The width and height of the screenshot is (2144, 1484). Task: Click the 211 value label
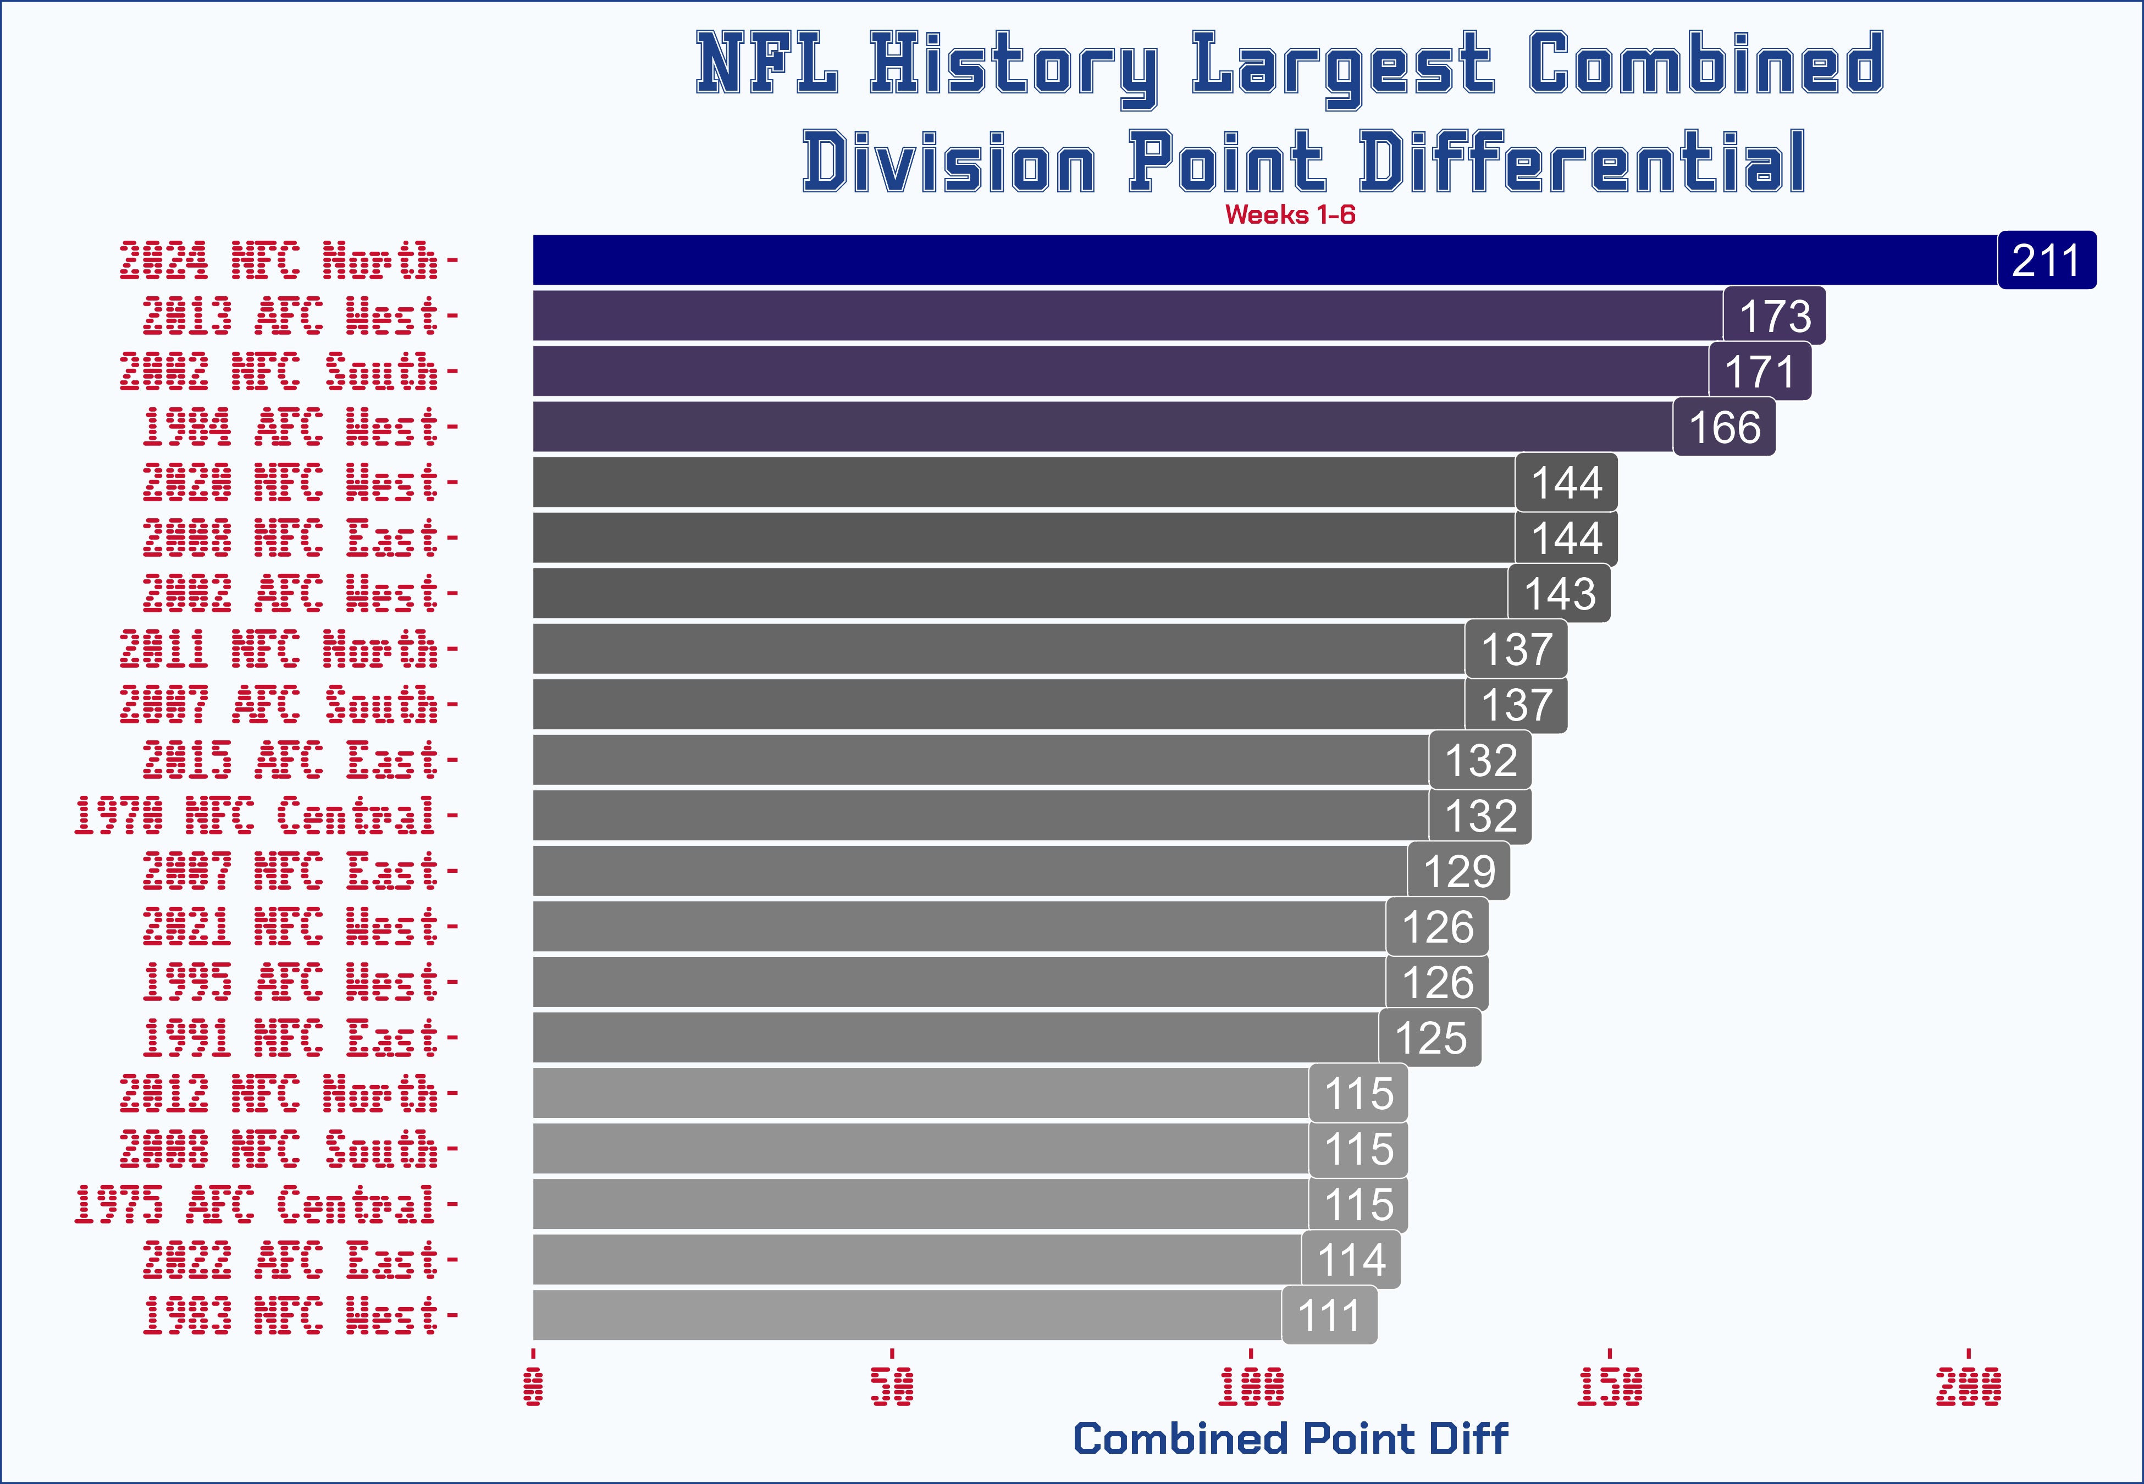2046,261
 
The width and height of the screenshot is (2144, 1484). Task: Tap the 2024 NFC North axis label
278,261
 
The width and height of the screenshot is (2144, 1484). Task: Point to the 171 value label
1759,372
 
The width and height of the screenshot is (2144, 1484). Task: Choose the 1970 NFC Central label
255,816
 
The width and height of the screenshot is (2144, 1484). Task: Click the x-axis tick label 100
1251,1386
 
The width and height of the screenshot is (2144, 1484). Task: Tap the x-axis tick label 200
1968,1386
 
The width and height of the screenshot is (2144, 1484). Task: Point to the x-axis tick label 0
534,1386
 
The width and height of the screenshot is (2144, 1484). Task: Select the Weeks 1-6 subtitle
1290,215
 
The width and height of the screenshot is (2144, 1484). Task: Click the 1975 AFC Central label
255,1205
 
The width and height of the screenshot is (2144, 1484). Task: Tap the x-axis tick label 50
892,1386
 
